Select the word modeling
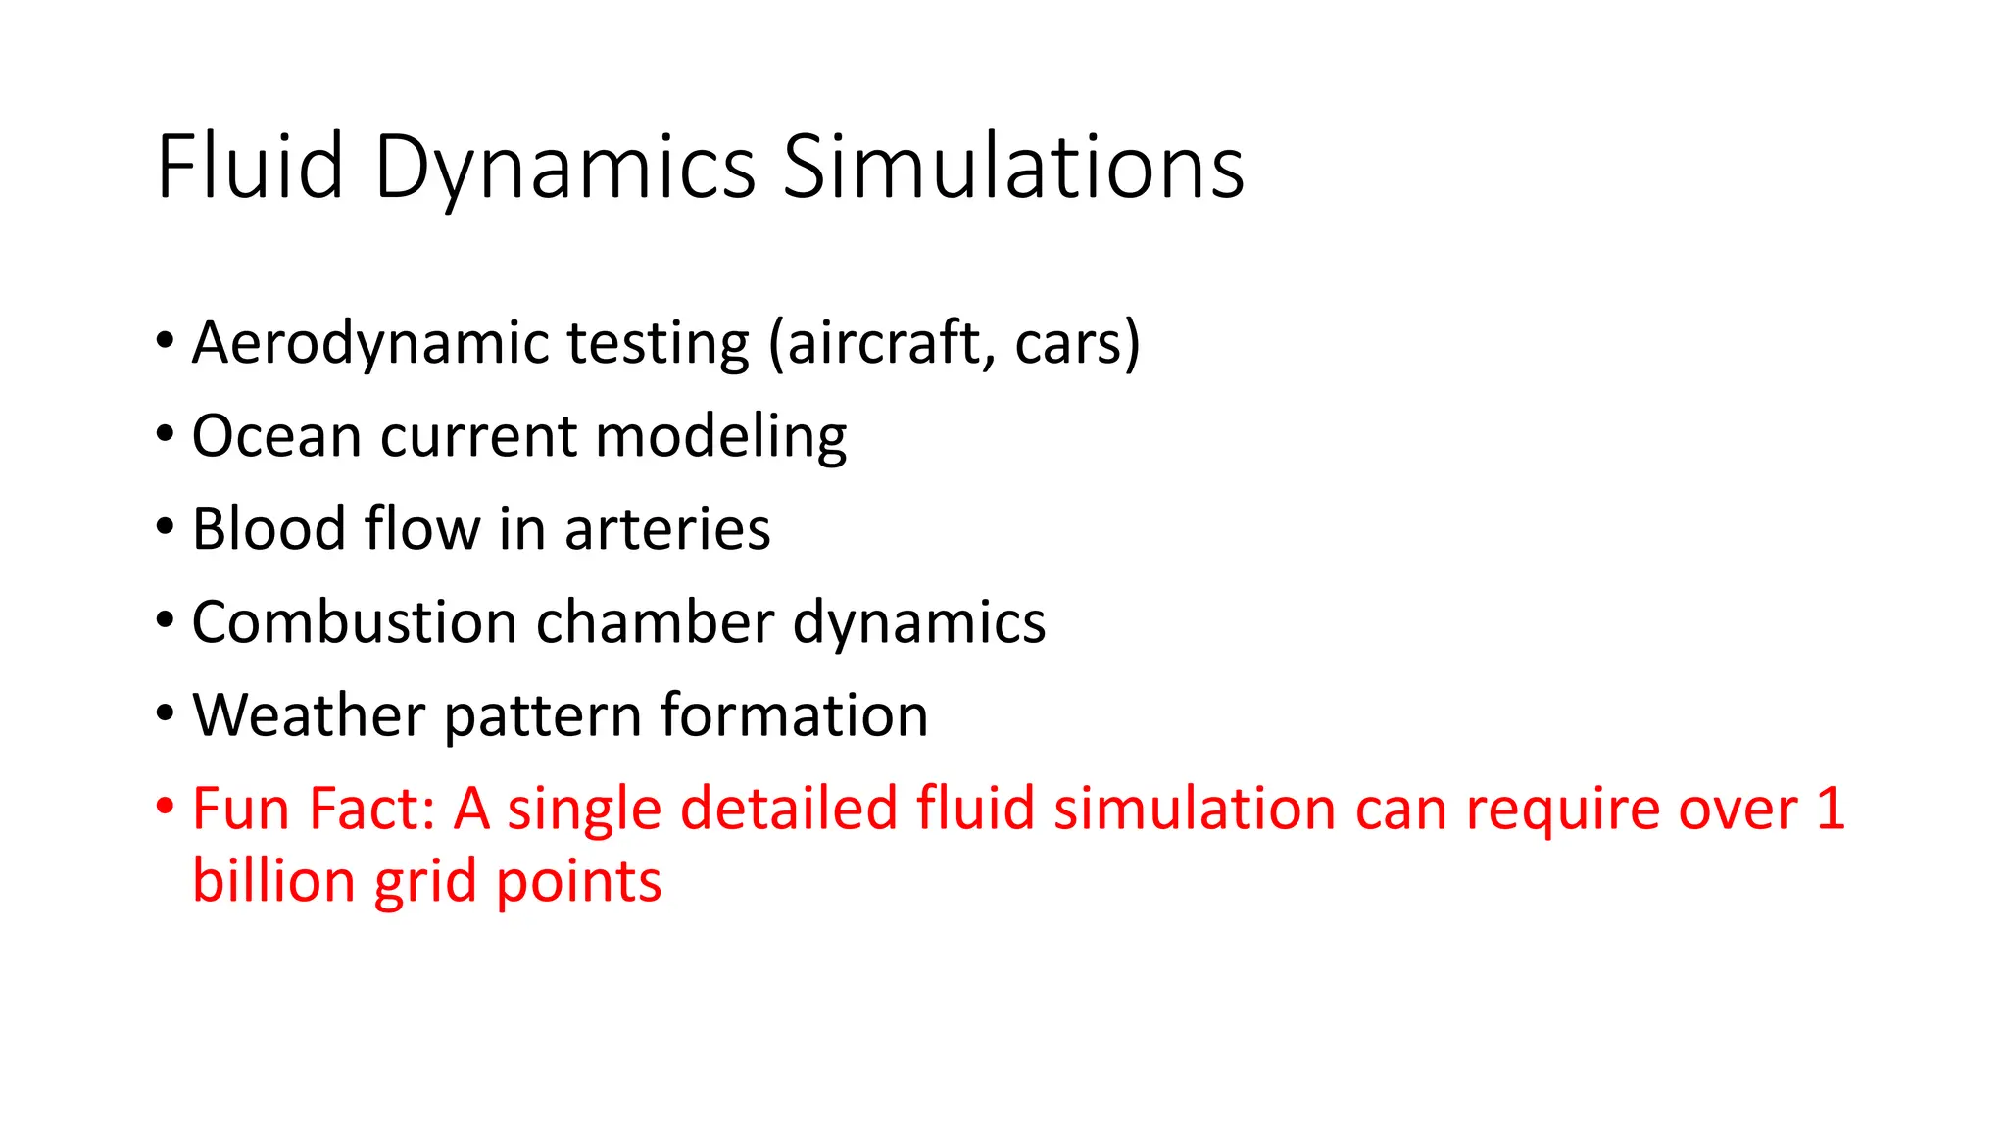[x=721, y=437]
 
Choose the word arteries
[x=667, y=529]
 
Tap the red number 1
[x=1830, y=810]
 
